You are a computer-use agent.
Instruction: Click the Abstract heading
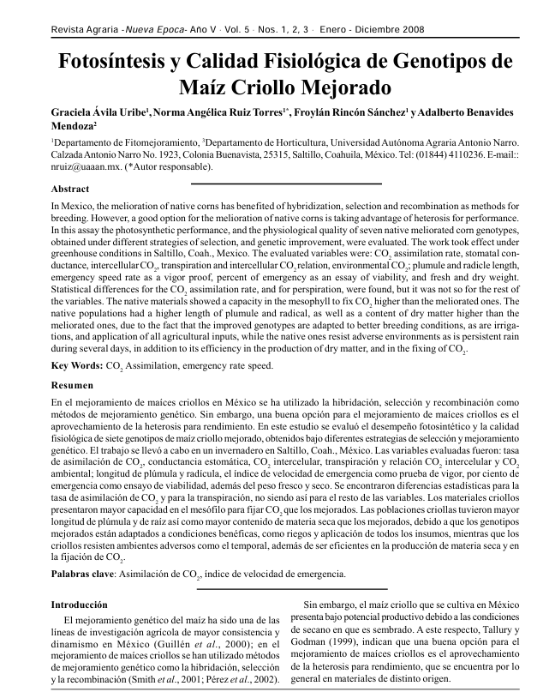click(x=70, y=189)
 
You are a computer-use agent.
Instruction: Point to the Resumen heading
click(x=71, y=386)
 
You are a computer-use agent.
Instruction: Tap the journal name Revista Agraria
click(x=85, y=29)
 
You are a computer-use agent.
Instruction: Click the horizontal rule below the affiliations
click(x=284, y=184)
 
